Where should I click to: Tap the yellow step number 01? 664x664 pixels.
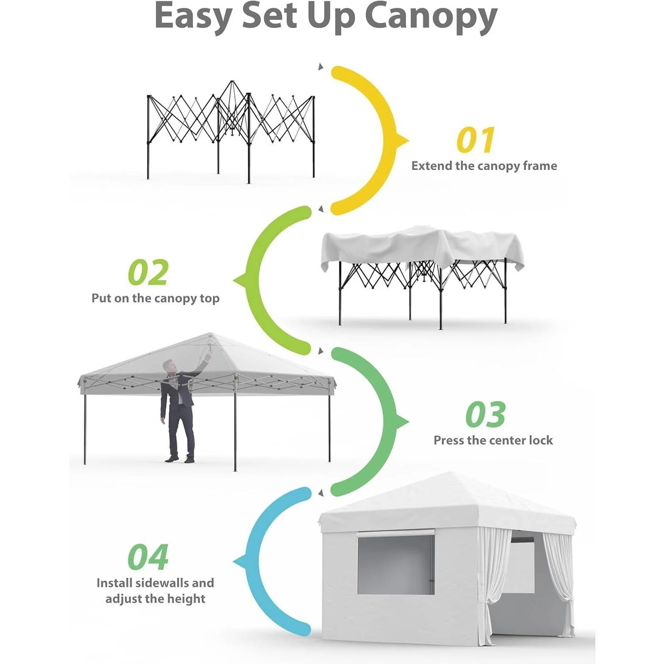pyautogui.click(x=475, y=140)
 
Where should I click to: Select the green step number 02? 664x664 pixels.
pyautogui.click(x=148, y=273)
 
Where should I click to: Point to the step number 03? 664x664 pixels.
pyautogui.click(x=485, y=414)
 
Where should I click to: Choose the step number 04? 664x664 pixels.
pyautogui.click(x=148, y=557)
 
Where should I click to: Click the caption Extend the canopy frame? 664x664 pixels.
pyautogui.click(x=484, y=166)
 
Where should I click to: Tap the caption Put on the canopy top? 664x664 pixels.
pyautogui.click(x=155, y=298)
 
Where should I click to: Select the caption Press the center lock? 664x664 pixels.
pyautogui.click(x=493, y=440)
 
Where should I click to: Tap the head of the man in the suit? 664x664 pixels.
pyautogui.click(x=169, y=366)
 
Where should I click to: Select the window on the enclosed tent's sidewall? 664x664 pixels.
pyautogui.click(x=396, y=564)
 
